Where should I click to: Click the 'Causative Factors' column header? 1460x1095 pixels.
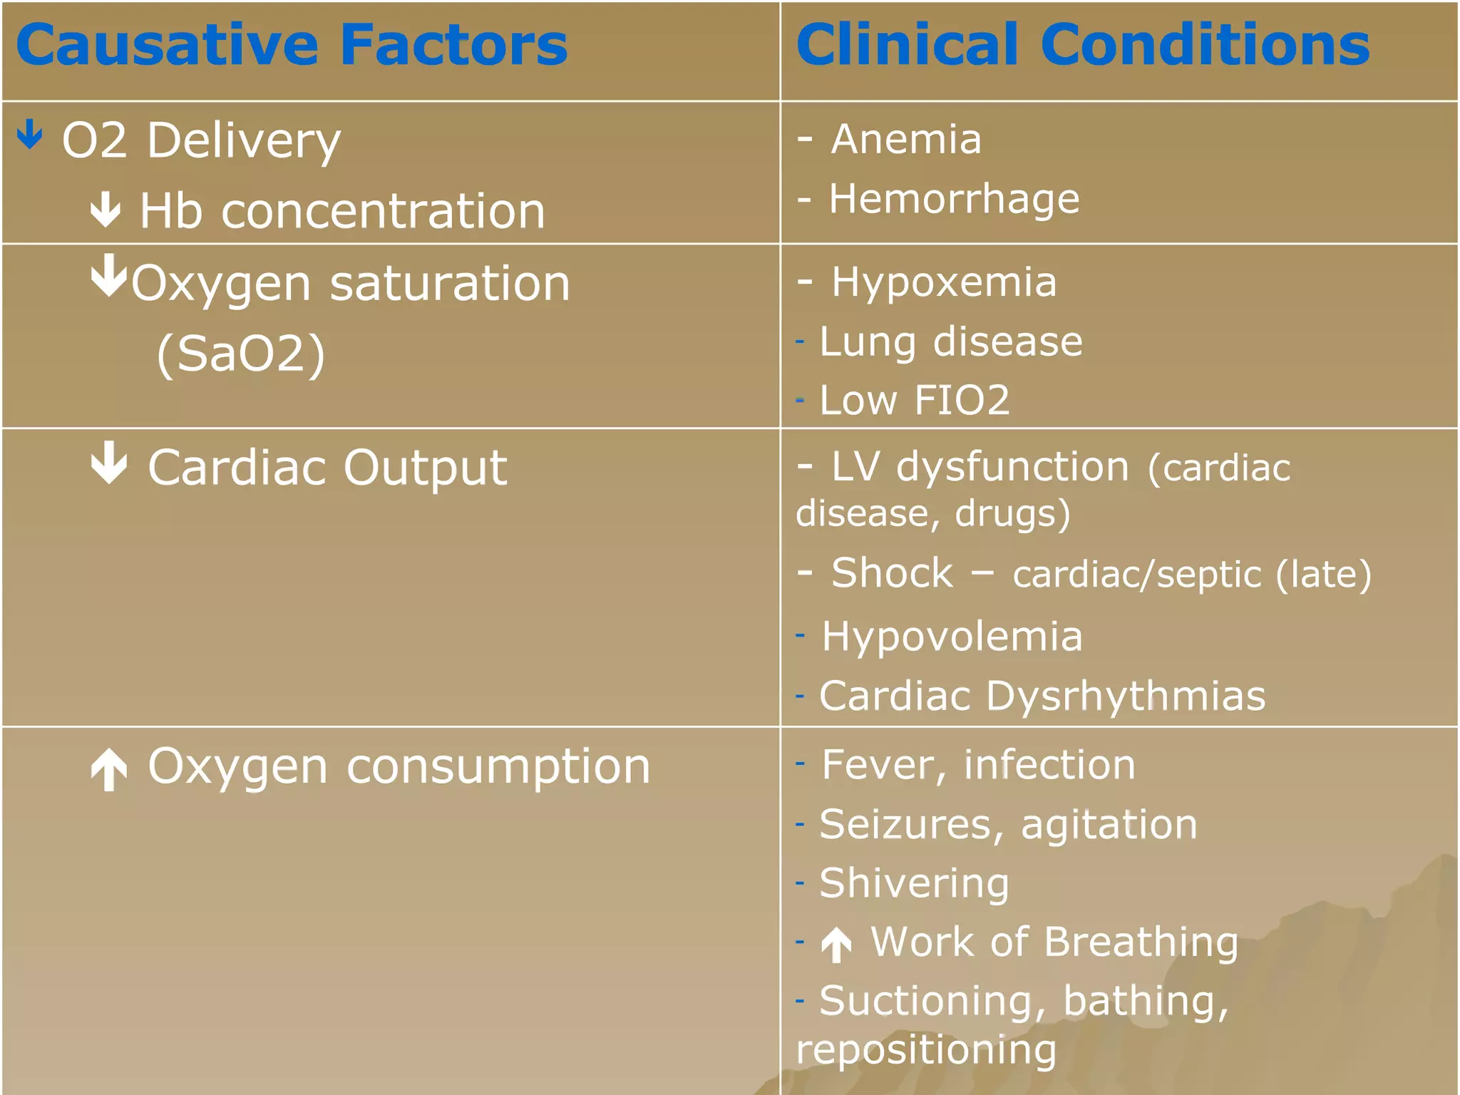(x=292, y=46)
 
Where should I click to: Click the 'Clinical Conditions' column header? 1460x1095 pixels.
(x=1082, y=46)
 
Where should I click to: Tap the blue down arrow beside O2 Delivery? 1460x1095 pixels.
(x=30, y=134)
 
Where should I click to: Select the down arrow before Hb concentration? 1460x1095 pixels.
(x=106, y=210)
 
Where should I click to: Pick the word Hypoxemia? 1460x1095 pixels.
(x=944, y=282)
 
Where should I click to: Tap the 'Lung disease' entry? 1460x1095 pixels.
(x=951, y=341)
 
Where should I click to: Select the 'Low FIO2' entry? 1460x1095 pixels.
(x=915, y=400)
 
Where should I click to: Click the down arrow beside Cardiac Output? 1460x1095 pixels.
(x=109, y=463)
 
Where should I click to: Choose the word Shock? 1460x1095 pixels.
(x=892, y=573)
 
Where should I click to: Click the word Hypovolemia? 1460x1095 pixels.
(x=952, y=636)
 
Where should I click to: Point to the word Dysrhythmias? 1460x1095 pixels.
(x=1126, y=696)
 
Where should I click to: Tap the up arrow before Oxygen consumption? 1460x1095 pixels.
(x=109, y=770)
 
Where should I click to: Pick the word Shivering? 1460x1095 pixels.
(x=915, y=884)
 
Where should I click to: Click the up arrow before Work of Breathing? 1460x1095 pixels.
(x=836, y=945)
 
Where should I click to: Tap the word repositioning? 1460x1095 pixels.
(x=926, y=1050)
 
